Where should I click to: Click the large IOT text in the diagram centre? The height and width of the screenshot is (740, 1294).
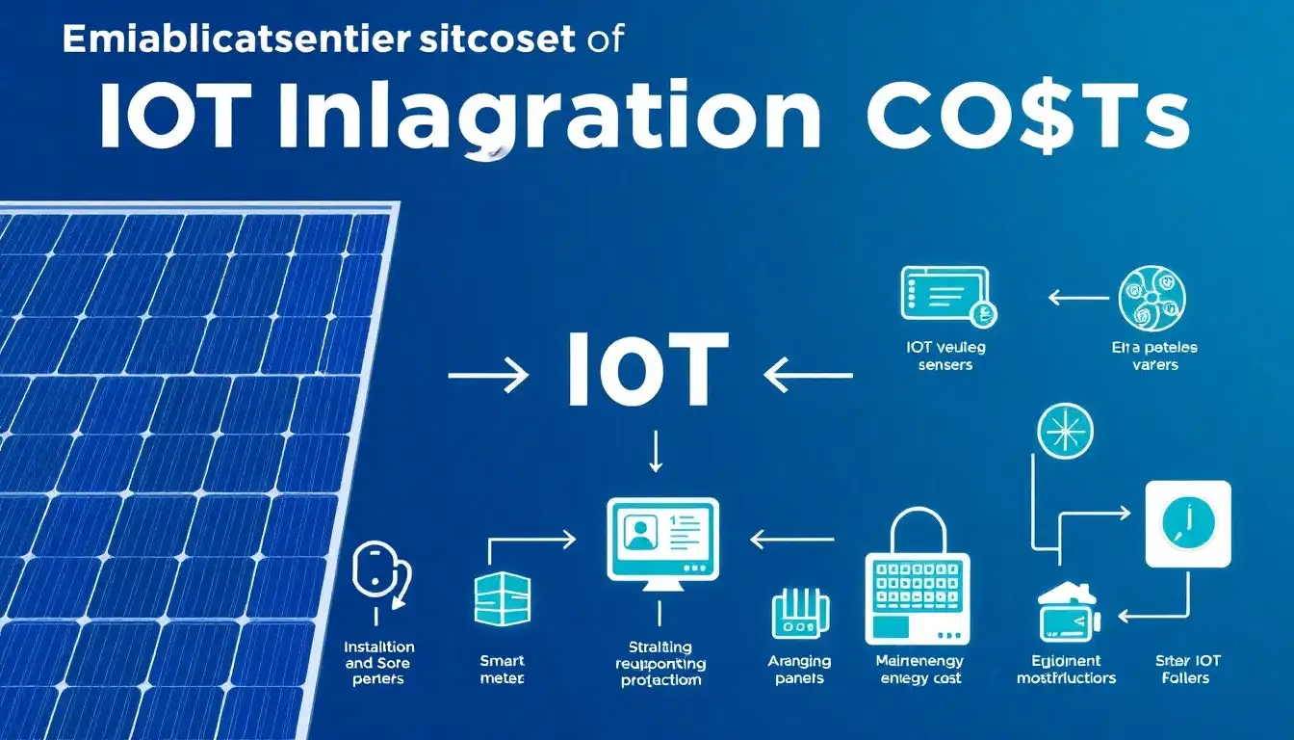point(644,372)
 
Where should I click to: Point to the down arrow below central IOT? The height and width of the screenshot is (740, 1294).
point(656,451)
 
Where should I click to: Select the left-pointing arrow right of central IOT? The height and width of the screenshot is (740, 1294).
point(807,376)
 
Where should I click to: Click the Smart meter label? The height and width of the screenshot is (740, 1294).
point(503,670)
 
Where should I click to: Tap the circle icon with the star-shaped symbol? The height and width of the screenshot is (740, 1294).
point(1065,429)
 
